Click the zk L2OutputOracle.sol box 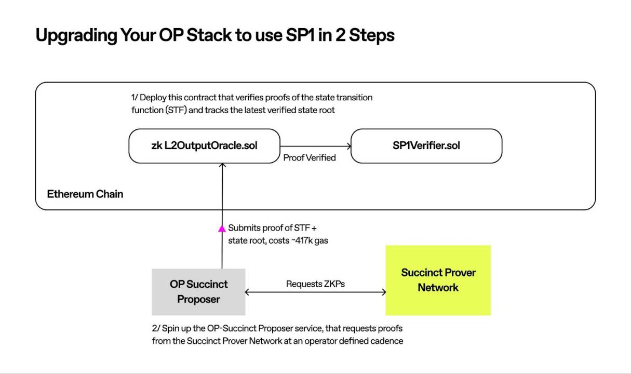coord(204,146)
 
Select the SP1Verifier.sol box coord(426,146)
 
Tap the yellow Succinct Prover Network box coord(438,280)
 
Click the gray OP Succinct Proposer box coord(198,292)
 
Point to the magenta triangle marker coord(222,229)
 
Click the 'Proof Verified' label coord(310,158)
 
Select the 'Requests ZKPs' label coord(315,284)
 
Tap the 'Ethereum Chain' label coord(85,194)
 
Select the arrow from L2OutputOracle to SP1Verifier coord(315,146)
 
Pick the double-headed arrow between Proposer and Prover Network coord(315,292)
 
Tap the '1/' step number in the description coord(135,98)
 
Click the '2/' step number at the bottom coord(156,328)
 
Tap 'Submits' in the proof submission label coord(244,228)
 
